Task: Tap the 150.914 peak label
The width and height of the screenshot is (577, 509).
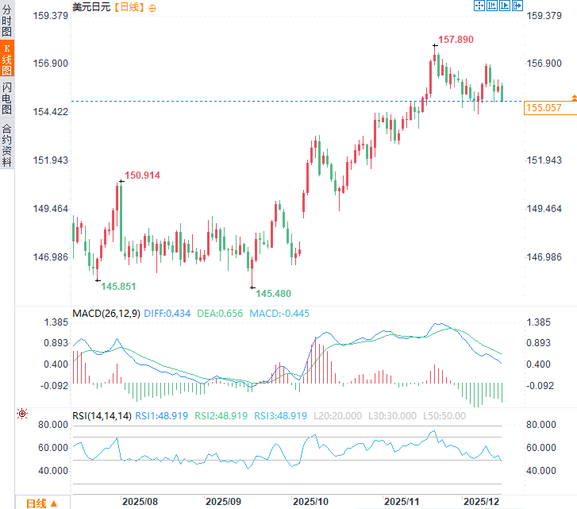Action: point(142,175)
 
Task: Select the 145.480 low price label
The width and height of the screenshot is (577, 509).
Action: point(273,293)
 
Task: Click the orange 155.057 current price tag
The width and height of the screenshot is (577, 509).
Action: point(544,107)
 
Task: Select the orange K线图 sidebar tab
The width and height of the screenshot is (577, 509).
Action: point(7,60)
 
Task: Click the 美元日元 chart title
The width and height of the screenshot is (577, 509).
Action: point(92,6)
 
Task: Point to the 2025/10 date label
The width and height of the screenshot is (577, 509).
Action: point(310,502)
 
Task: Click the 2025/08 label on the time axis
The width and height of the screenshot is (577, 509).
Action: point(140,502)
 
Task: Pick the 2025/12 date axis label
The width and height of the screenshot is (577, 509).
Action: point(481,502)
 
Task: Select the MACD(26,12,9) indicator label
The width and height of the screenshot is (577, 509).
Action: point(106,314)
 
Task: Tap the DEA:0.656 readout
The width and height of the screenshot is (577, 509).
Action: point(221,314)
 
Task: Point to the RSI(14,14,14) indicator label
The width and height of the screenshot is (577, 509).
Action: point(102,415)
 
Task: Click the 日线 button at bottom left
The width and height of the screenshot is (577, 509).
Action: point(41,503)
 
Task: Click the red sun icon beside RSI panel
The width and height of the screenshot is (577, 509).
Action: point(21,415)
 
